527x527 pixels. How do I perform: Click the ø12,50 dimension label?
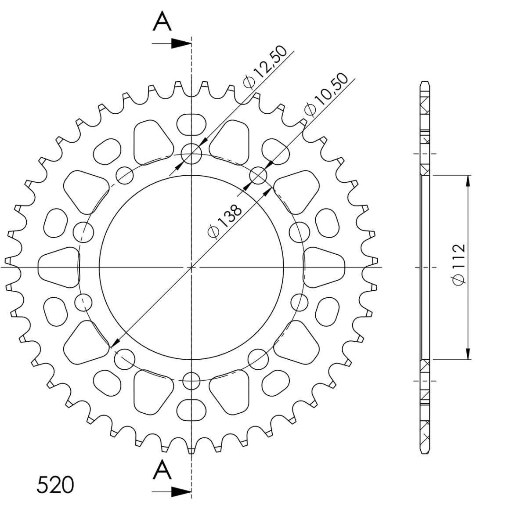point(265,67)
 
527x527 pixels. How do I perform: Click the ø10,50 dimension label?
point(326,94)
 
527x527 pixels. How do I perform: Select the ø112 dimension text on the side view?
point(459,264)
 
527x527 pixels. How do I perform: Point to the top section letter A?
point(162,21)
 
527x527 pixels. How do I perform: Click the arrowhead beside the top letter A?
point(181,43)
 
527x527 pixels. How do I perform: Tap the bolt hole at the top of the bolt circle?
point(191,154)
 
